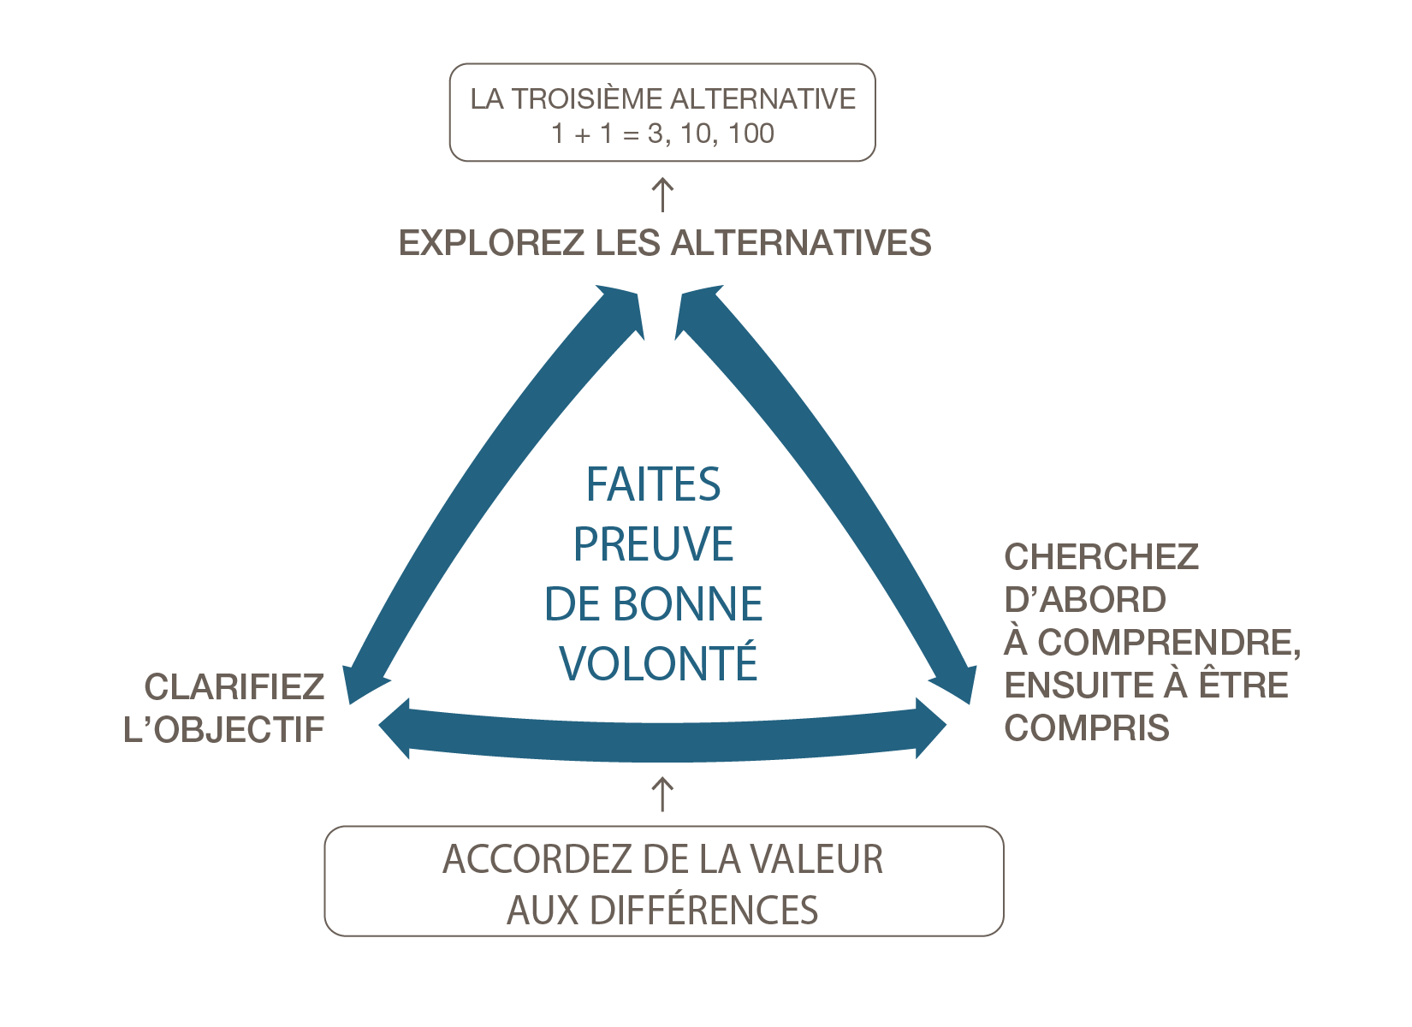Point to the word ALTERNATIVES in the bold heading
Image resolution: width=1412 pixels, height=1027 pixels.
point(801,243)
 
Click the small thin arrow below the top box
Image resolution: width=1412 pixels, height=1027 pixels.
point(662,194)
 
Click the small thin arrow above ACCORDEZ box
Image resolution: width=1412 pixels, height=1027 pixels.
point(662,794)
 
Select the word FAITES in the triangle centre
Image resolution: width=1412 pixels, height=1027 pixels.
point(653,484)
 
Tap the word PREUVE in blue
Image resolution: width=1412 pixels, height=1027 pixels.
point(653,544)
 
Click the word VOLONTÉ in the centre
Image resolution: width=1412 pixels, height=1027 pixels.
point(658,664)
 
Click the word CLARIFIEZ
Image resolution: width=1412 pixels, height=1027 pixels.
point(234,686)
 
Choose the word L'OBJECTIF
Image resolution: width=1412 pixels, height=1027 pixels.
point(224,729)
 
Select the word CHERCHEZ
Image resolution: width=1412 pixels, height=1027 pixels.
point(1101,557)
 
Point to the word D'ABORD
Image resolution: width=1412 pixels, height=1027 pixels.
point(1084,600)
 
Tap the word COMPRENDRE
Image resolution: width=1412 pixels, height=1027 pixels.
point(1168,643)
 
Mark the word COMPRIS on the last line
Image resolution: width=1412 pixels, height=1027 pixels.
point(1087,728)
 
